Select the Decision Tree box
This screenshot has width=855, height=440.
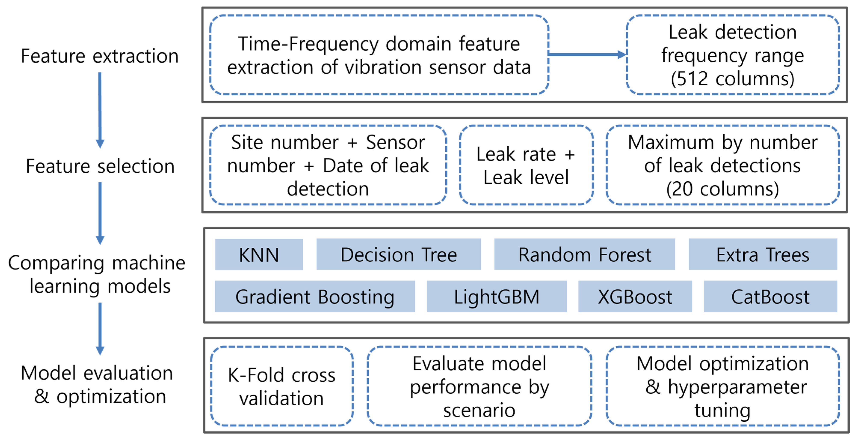pos(399,254)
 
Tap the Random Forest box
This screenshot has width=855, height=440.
pos(585,254)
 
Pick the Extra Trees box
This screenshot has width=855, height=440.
pos(763,254)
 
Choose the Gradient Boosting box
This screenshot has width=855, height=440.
pos(315,296)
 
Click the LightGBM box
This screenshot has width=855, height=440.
pos(496,296)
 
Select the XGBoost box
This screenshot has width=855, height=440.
pos(635,296)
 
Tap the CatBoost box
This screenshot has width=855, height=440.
pos(770,296)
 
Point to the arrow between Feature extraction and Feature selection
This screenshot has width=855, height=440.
pos(100,110)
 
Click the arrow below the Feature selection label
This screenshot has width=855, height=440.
pos(100,213)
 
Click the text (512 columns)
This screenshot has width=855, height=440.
pos(732,79)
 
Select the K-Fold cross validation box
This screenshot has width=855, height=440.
pos(281,386)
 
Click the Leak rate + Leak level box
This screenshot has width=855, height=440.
pos(526,165)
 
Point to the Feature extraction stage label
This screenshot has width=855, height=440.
pos(100,56)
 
